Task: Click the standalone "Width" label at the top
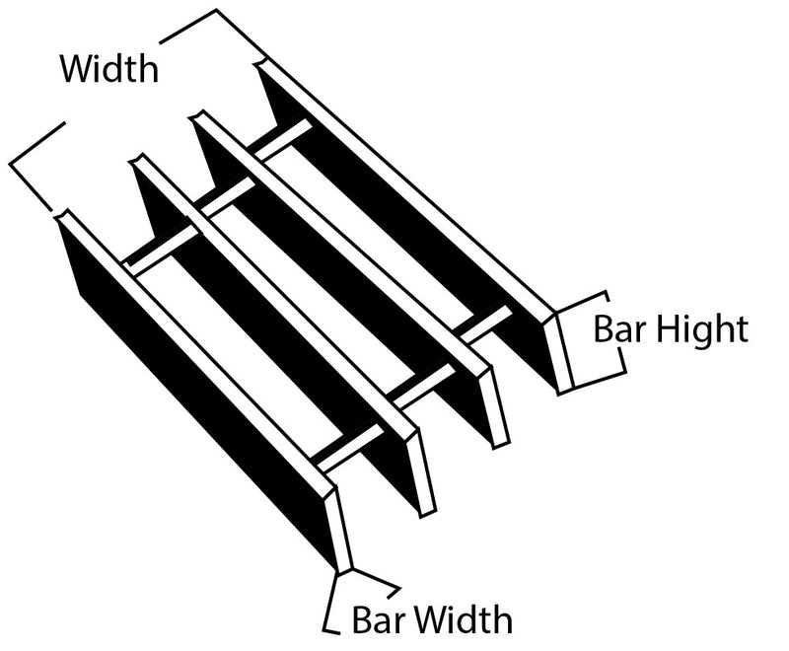108,68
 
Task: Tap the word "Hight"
699,328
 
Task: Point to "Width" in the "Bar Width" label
463,619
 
